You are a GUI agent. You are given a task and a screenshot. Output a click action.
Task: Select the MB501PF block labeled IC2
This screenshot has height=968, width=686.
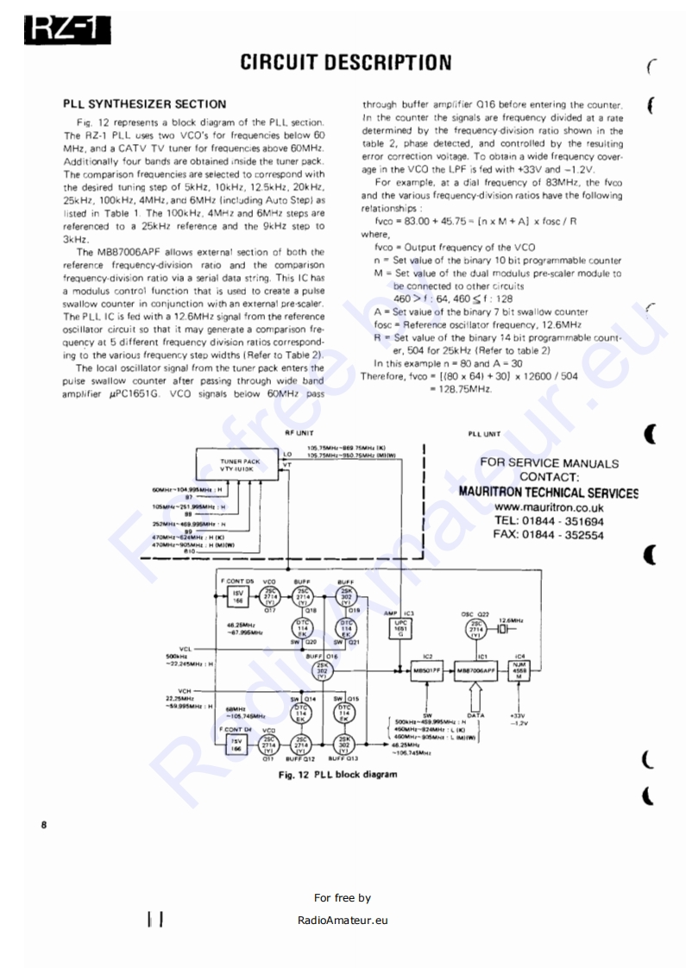pyautogui.click(x=426, y=669)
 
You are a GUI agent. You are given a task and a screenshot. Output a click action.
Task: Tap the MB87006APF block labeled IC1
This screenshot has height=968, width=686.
pyautogui.click(x=476, y=669)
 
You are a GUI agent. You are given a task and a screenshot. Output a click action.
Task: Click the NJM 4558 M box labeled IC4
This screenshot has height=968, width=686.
pyautogui.click(x=519, y=669)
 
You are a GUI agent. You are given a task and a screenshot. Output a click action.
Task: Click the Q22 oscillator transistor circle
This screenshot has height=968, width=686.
pyautogui.click(x=476, y=629)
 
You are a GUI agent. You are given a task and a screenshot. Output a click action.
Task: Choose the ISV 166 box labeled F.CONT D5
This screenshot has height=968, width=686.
pyautogui.click(x=235, y=597)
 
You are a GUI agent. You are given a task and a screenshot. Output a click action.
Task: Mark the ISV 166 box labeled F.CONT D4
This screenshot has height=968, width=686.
pyautogui.click(x=235, y=745)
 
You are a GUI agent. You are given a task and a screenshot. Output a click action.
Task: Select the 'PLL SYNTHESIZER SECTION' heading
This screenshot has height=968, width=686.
pyautogui.click(x=145, y=104)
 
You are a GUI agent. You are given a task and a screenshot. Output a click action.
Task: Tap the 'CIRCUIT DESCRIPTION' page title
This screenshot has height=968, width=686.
pyautogui.click(x=345, y=62)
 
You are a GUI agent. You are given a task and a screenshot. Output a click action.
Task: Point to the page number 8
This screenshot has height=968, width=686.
pyautogui.click(x=44, y=826)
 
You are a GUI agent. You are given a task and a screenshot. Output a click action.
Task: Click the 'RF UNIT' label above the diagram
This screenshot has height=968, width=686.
pyautogui.click(x=299, y=433)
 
